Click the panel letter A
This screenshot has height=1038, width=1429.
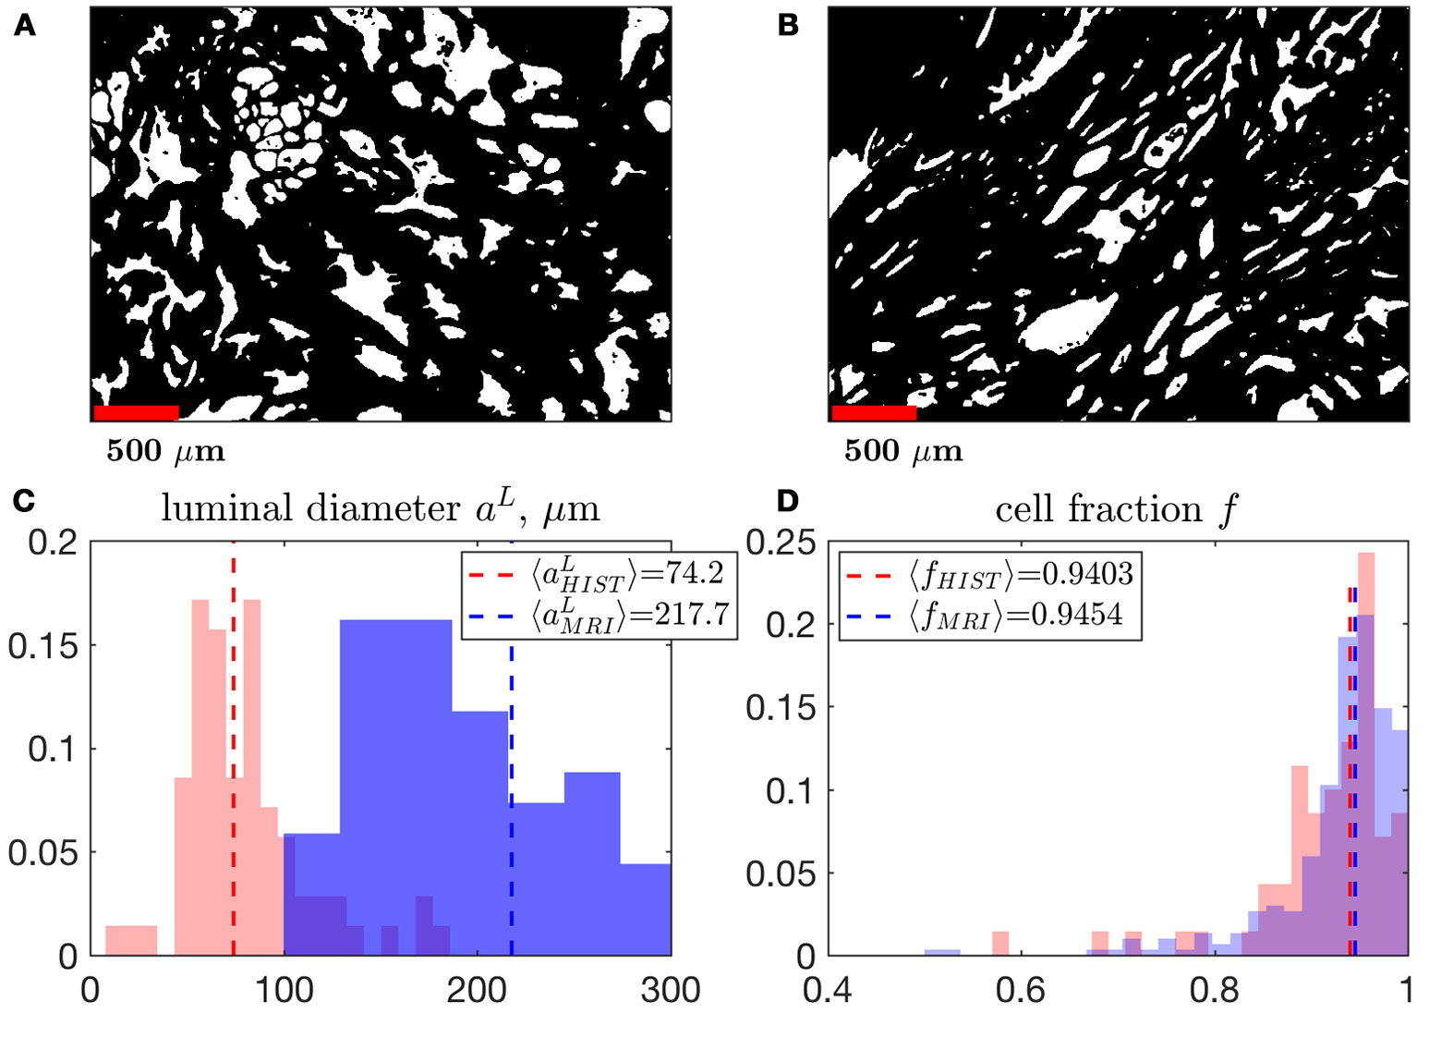click(25, 26)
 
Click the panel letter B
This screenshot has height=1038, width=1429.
click(788, 26)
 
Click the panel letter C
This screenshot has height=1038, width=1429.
click(25, 501)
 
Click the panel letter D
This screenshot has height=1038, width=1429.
click(788, 501)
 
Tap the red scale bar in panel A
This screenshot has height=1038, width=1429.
click(136, 413)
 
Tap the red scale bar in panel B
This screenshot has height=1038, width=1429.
click(873, 413)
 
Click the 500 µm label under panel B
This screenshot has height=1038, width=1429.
click(902, 451)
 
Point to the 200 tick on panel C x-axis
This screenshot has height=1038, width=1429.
click(477, 990)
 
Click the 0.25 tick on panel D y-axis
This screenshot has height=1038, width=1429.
click(781, 543)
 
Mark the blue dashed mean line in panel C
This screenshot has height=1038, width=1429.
click(511, 832)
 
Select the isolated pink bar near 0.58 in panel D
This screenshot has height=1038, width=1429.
click(999, 944)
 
